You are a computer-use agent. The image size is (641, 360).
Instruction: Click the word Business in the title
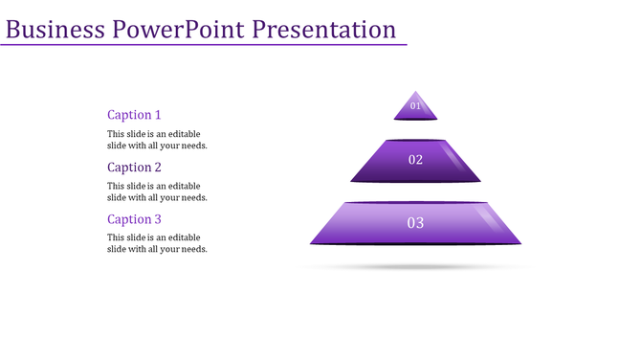pos(55,30)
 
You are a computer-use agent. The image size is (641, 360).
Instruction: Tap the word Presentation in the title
pos(324,30)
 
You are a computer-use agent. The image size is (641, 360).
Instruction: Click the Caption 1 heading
pos(134,115)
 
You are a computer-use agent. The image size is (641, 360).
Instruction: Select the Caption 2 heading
pos(134,168)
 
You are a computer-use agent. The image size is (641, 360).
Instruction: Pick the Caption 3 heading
pos(134,219)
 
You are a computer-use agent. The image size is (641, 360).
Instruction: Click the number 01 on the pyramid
pos(415,106)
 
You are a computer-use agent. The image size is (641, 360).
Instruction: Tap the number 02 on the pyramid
pos(415,160)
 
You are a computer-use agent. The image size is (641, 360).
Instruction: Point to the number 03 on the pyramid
pos(415,223)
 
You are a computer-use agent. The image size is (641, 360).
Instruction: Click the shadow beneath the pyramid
pos(415,267)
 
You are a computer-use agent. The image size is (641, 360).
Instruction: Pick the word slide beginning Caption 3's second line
pos(118,249)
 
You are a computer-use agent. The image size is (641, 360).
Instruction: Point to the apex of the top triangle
pos(415,92)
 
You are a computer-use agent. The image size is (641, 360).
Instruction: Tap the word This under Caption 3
pos(116,237)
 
